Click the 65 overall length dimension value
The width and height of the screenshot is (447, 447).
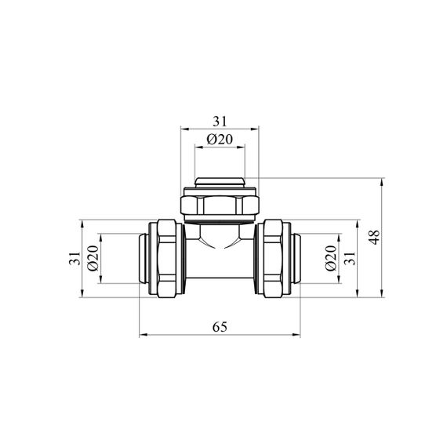pyautogui.click(x=220, y=327)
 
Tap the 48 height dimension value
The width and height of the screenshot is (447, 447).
pyautogui.click(x=375, y=237)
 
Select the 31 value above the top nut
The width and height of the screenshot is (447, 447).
pyautogui.click(x=220, y=122)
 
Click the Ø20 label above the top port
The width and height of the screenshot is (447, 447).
pyautogui.click(x=220, y=140)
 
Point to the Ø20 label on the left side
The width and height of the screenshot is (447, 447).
pyautogui.click(x=93, y=258)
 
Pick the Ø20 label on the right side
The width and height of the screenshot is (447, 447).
pyautogui.click(x=331, y=258)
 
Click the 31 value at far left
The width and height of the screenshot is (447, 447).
pyautogui.click(x=74, y=258)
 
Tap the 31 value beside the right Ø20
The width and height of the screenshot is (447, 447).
pyautogui.click(x=350, y=258)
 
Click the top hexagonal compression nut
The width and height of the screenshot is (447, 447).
pyautogui.click(x=220, y=205)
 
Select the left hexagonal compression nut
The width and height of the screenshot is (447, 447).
pyautogui.click(x=167, y=258)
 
